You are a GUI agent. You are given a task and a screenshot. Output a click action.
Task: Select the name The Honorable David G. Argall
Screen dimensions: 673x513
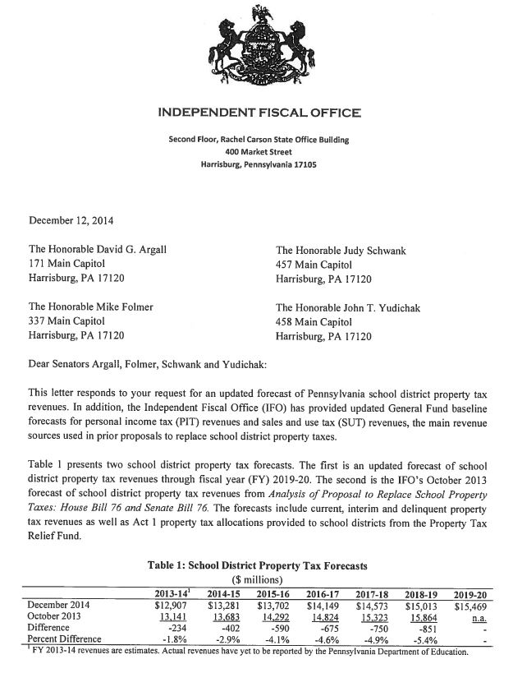[102, 250]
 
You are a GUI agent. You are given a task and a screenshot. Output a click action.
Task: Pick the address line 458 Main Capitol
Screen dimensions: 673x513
[315, 322]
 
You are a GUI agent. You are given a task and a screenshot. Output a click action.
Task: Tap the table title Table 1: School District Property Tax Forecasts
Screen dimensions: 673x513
[258, 565]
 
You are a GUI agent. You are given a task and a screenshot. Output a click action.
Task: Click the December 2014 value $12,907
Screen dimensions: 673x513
[175, 604]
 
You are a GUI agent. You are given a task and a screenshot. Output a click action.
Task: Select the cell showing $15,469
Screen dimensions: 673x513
[470, 604]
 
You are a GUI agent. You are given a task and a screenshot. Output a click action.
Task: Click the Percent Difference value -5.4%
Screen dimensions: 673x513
[424, 638]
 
